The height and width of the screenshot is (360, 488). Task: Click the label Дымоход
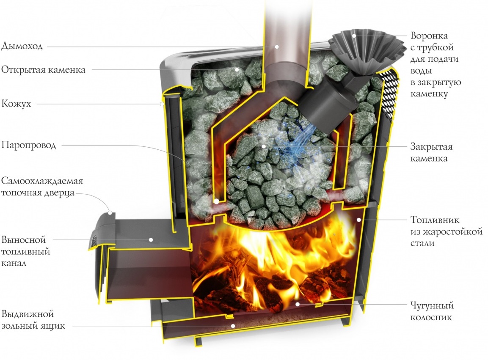22,46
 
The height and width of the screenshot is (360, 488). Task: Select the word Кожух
16,104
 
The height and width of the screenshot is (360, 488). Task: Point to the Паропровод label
28,146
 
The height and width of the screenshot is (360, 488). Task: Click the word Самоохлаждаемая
42,181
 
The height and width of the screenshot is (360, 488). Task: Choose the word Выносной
23,240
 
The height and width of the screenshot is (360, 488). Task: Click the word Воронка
429,36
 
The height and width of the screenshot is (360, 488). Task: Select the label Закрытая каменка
431,153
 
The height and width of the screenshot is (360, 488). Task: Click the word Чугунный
432,305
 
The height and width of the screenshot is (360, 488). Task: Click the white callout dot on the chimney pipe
277,46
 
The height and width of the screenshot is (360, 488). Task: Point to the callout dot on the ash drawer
232,325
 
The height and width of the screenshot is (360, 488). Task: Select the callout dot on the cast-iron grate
298,304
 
